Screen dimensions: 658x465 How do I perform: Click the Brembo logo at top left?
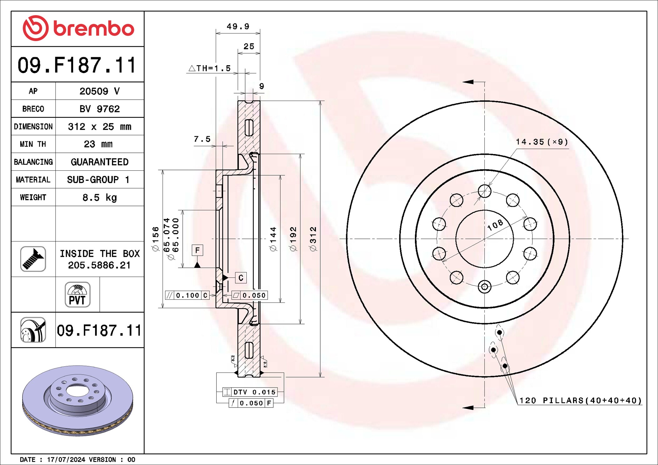tap(78, 28)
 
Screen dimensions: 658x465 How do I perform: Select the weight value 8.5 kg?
tap(99, 197)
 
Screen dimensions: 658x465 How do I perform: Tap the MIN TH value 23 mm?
tap(98, 144)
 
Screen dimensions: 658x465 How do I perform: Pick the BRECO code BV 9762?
tap(99, 109)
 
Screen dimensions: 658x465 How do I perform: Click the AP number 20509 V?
tap(99, 91)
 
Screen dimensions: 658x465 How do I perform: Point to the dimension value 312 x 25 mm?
tap(99, 127)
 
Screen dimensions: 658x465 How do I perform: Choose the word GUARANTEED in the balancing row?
tap(99, 162)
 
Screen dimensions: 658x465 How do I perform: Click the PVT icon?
tap(78, 295)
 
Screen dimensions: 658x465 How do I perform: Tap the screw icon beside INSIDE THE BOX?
tap(33, 259)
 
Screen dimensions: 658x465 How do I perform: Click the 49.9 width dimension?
tap(238, 27)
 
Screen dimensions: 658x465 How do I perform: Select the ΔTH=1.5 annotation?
tap(210, 68)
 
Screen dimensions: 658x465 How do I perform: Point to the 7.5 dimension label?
tap(202, 139)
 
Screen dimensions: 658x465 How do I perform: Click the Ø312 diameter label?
tap(313, 239)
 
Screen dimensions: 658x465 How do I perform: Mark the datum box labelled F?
tap(197, 250)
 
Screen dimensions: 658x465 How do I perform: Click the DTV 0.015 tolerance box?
tap(250, 392)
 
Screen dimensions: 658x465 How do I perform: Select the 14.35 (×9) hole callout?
tap(542, 142)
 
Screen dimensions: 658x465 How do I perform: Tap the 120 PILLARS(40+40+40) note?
tap(580, 401)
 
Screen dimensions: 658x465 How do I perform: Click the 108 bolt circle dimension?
tap(495, 225)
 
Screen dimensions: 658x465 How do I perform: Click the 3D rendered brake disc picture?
tap(78, 401)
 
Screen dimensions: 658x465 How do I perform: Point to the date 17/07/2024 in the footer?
tap(66, 460)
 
